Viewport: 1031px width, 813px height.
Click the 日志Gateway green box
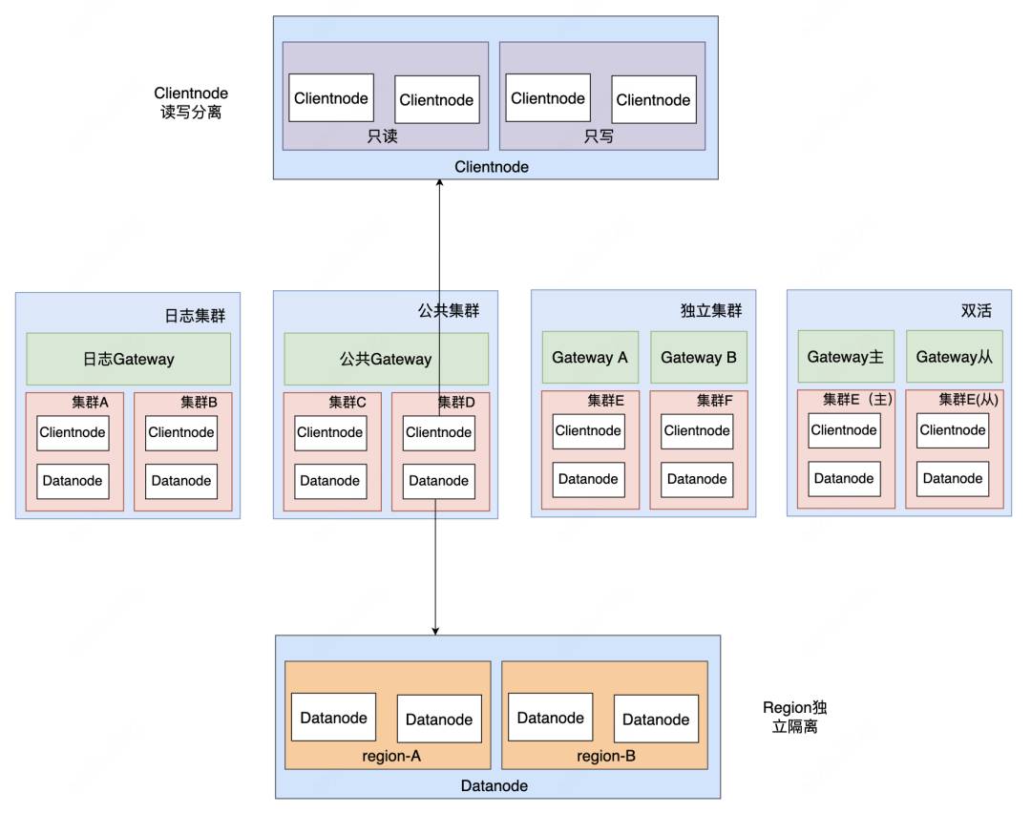(x=128, y=359)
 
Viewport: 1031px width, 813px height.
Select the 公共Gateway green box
(x=386, y=359)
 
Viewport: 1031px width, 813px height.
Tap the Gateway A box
(x=590, y=357)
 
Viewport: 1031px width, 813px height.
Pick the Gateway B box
(x=698, y=357)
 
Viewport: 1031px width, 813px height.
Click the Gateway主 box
(x=846, y=356)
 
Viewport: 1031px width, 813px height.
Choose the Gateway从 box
(x=954, y=356)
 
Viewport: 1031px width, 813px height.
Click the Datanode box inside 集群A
(x=73, y=481)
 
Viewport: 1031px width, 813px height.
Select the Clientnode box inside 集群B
(x=180, y=432)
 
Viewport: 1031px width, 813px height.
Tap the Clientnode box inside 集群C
(x=330, y=432)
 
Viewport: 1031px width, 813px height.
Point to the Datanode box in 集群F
(x=697, y=479)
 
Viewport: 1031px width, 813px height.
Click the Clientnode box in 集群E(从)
(x=953, y=430)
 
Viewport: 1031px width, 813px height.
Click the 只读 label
(x=382, y=136)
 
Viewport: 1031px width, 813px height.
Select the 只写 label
(x=599, y=136)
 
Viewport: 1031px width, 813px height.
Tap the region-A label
(x=391, y=756)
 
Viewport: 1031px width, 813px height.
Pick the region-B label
(x=606, y=756)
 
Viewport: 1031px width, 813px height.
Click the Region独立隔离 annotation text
(x=794, y=717)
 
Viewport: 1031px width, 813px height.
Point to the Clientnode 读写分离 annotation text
(x=191, y=102)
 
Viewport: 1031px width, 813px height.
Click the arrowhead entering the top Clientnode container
(x=439, y=182)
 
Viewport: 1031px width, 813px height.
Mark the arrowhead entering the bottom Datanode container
(x=435, y=631)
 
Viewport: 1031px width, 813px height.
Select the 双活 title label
(x=976, y=310)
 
